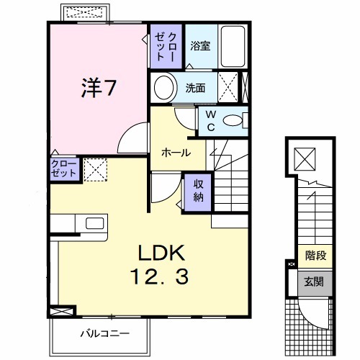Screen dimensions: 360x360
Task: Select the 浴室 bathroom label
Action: [x=199, y=46]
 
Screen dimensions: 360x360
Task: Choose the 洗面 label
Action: [x=196, y=89]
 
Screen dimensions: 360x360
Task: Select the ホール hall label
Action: [x=176, y=153]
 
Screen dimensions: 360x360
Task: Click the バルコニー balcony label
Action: [x=105, y=333]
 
